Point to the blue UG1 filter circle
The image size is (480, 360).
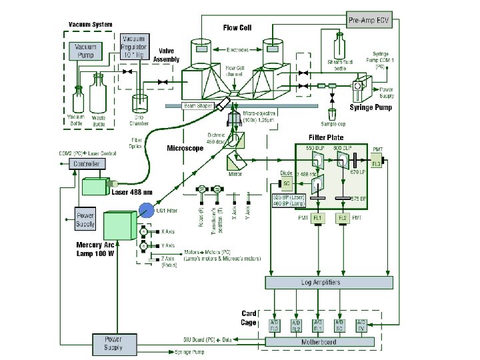pyautogui.click(x=145, y=211)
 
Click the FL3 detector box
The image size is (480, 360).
pyautogui.click(x=377, y=163)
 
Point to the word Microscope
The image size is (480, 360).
pyautogui.click(x=185, y=149)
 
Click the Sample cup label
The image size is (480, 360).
pyautogui.click(x=331, y=123)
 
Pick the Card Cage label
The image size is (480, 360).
pyautogui.click(x=249, y=317)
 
